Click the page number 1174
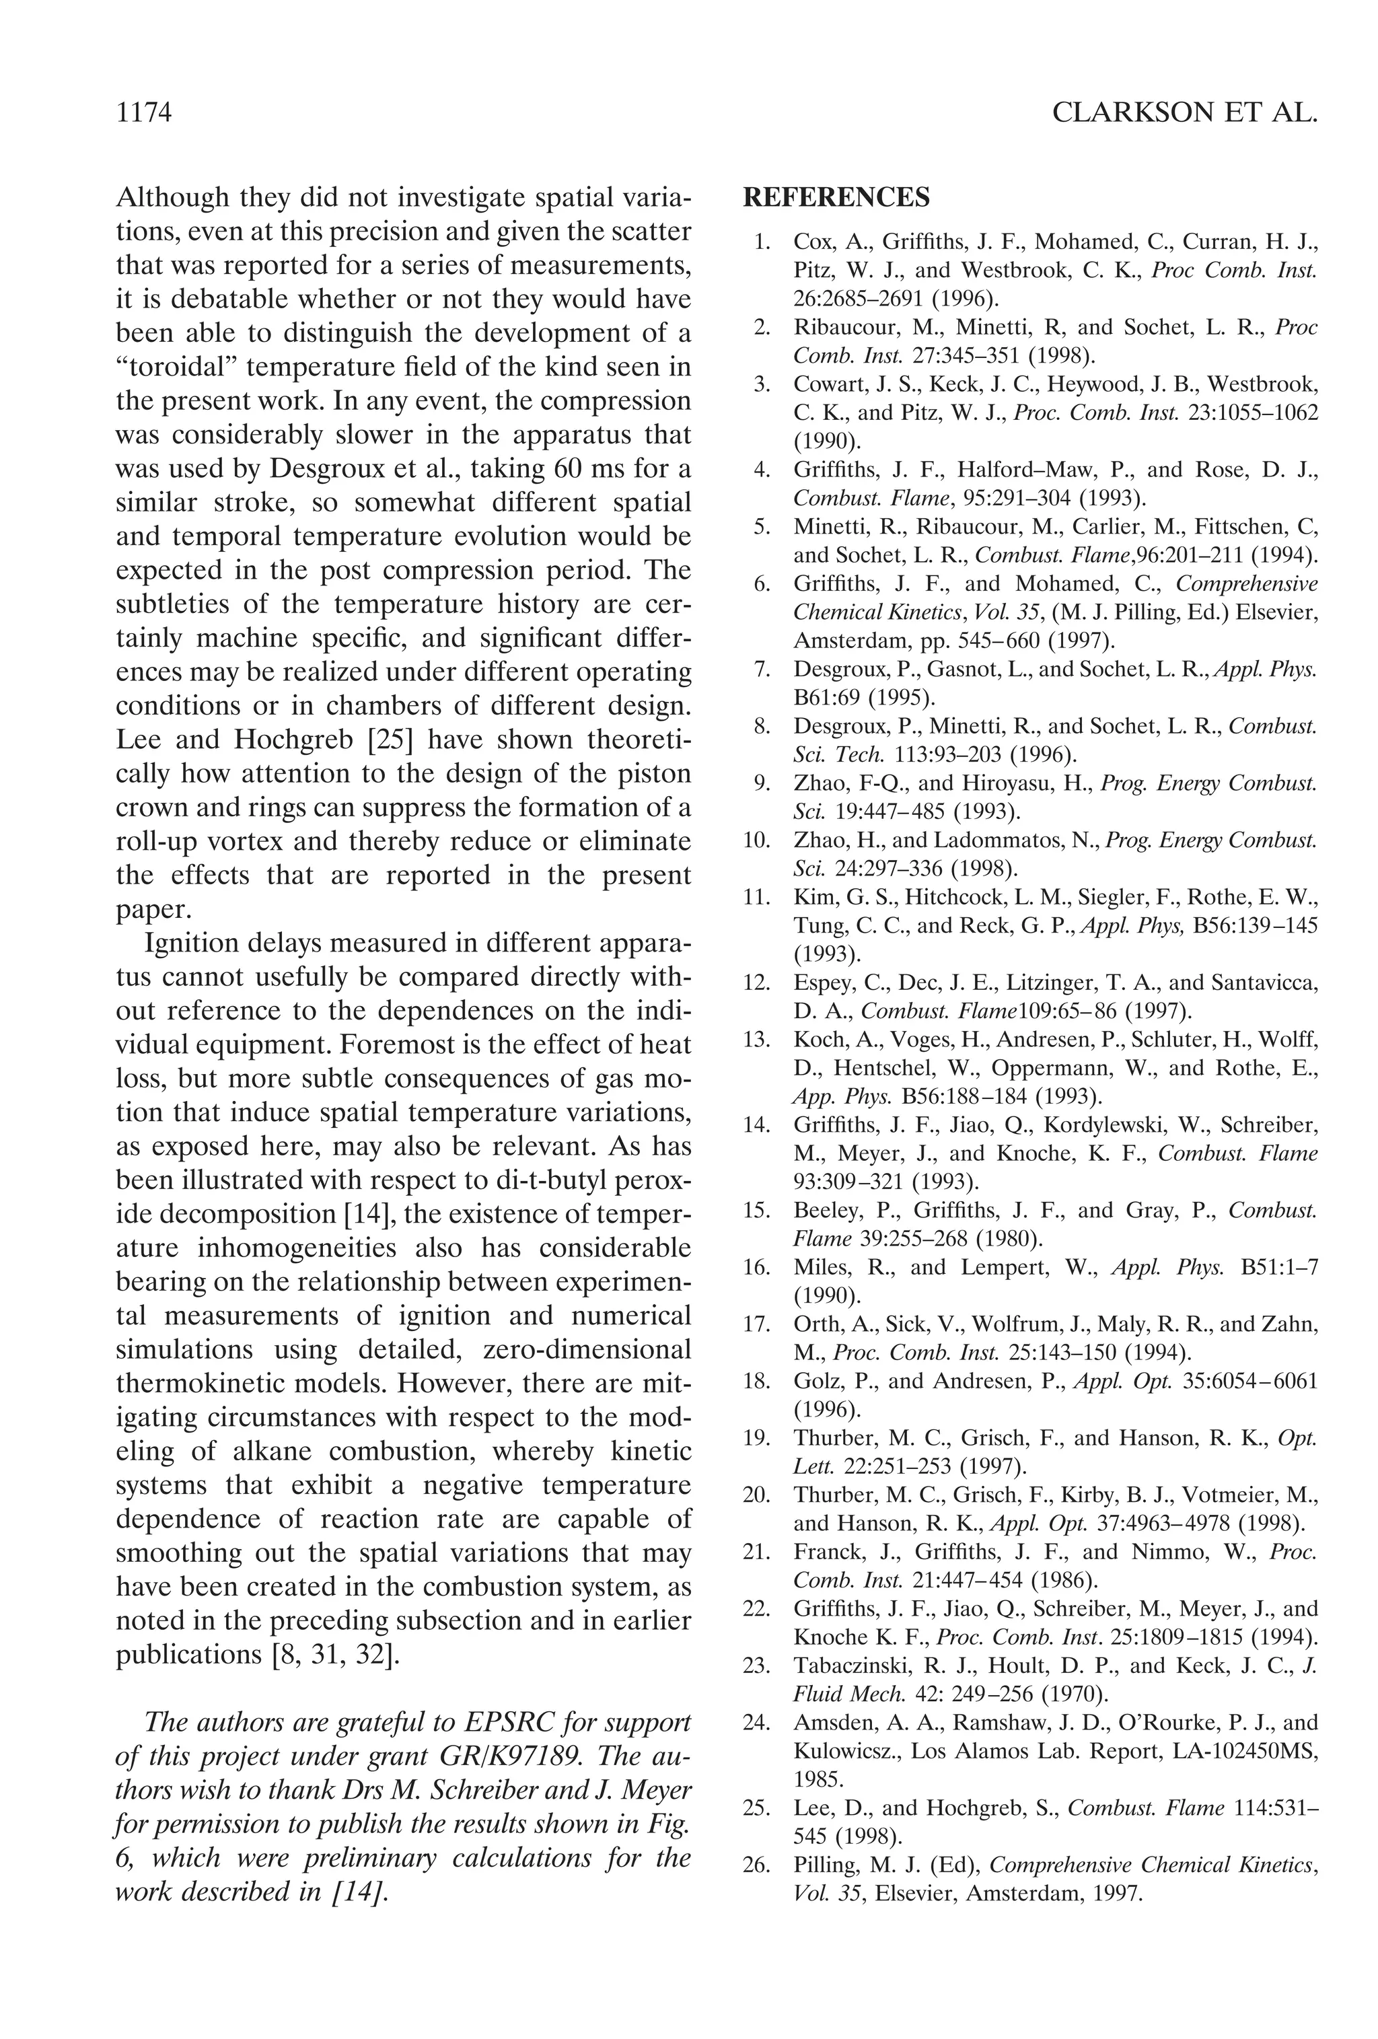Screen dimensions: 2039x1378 click(143, 113)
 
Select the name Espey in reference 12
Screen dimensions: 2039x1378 click(818, 982)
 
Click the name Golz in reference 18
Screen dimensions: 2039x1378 click(815, 1381)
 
